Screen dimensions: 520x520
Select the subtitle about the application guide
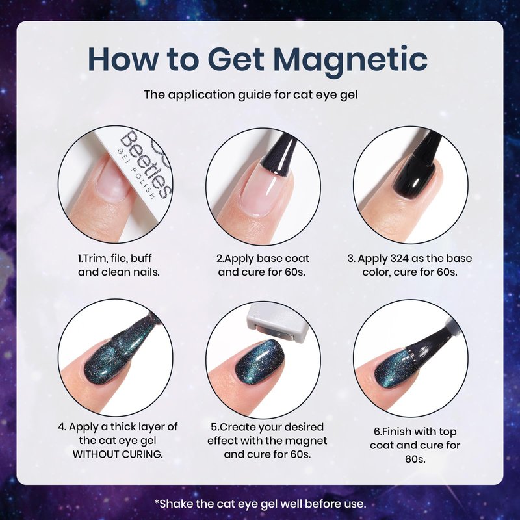pyautogui.click(x=251, y=95)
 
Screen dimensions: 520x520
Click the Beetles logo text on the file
pyautogui.click(x=146, y=164)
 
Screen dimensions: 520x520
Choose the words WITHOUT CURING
pyautogui.click(x=118, y=454)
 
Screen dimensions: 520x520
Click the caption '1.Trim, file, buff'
pyautogui.click(x=114, y=258)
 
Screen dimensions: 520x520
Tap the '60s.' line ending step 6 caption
pyautogui.click(x=415, y=459)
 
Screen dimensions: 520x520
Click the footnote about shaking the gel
pyautogui.click(x=260, y=504)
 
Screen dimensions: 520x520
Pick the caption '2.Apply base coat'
pyautogui.click(x=263, y=258)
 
